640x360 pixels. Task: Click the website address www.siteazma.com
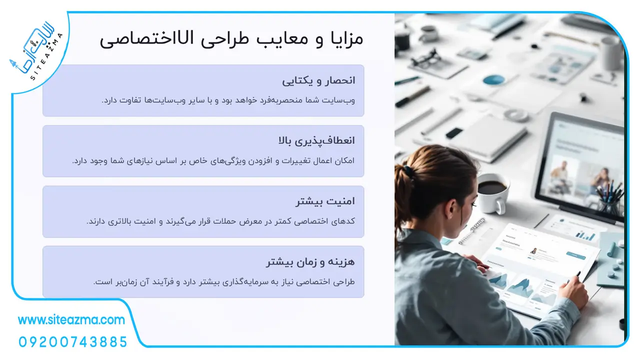click(x=71, y=319)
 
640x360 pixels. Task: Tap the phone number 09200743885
click(x=73, y=342)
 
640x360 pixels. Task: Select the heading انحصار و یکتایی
click(x=318, y=80)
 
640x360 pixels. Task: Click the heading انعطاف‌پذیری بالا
click(x=316, y=140)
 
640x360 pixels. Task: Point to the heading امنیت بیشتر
click(x=325, y=201)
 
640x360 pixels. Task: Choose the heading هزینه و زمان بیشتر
click(x=310, y=261)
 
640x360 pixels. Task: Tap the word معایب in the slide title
click(x=282, y=39)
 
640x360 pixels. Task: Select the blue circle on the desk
click(x=493, y=79)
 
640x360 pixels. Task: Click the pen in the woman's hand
click(x=574, y=277)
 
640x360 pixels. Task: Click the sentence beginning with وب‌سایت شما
click(x=228, y=100)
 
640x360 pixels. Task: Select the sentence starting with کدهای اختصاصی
click(x=220, y=221)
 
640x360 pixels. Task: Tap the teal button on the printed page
click(x=575, y=255)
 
